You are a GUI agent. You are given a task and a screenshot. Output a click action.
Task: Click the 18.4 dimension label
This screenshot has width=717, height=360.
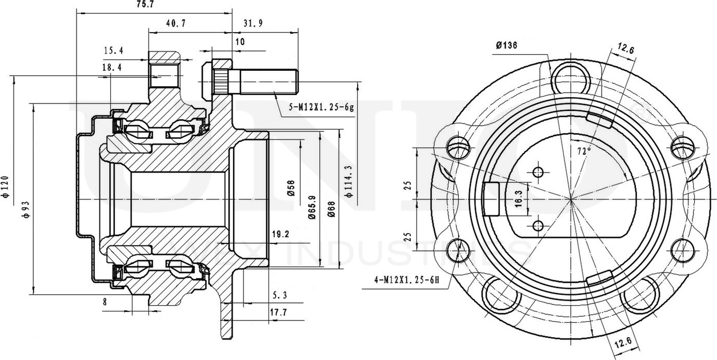click(112, 68)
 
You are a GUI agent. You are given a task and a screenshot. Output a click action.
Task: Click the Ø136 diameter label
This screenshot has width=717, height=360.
click(507, 46)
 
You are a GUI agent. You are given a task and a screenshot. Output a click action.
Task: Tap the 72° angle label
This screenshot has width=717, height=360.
click(583, 152)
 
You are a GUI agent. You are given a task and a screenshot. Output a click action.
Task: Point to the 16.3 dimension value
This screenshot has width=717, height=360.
click(518, 199)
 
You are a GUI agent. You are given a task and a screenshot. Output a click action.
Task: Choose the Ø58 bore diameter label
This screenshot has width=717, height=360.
click(291, 188)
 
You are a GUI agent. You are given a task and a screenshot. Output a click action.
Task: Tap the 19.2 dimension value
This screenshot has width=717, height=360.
click(281, 234)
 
